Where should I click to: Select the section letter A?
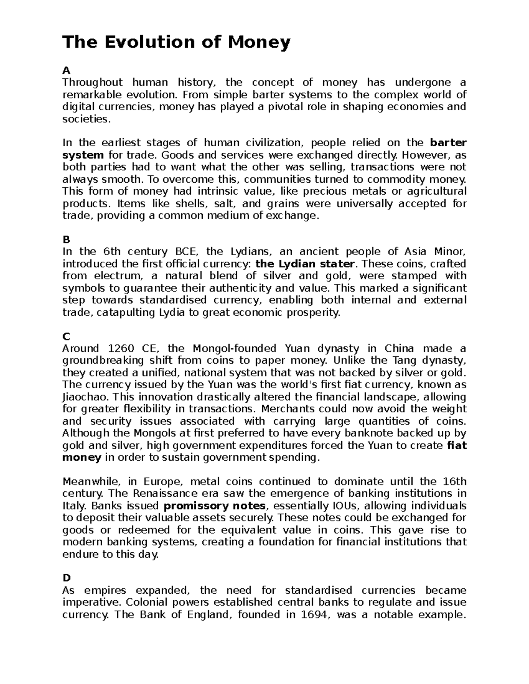coord(66,70)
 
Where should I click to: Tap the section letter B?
coord(66,240)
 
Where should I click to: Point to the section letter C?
coord(66,336)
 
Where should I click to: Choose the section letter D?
coord(66,578)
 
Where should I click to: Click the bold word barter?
coord(448,143)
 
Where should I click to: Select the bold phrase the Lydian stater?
coord(305,264)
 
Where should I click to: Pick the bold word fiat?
coord(457,445)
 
